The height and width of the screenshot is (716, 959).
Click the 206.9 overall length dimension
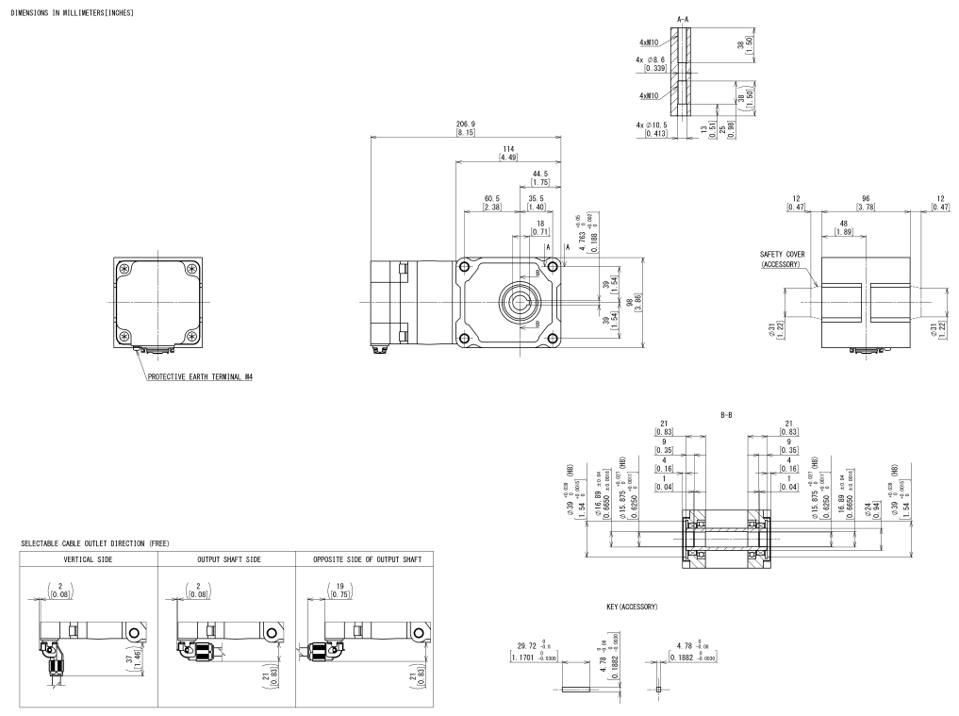[465, 124]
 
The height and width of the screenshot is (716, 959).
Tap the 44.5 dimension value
[539, 174]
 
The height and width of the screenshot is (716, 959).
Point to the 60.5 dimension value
[493, 198]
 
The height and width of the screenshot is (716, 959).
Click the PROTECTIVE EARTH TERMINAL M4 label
[200, 375]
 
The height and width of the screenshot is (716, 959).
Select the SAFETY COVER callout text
[783, 254]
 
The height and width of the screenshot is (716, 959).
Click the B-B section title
[725, 412]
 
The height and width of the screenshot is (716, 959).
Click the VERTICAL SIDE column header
[89, 560]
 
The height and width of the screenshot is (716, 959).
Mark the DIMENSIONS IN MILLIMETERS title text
[72, 13]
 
